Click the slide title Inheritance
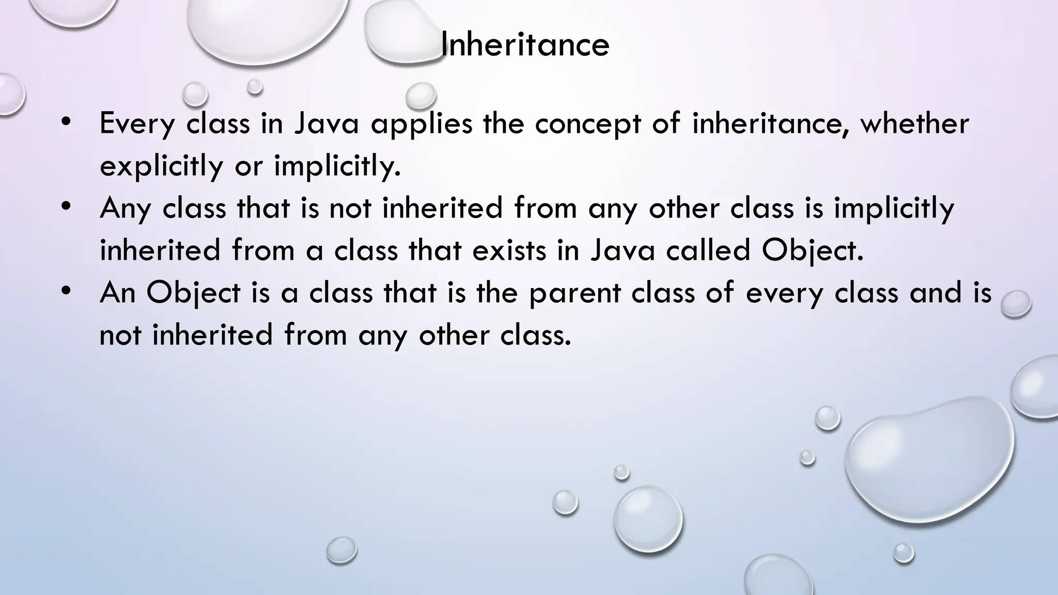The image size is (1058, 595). pos(525,45)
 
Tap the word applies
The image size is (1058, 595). pos(422,124)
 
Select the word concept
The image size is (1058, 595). pos(587,124)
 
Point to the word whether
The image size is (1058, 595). pos(914,124)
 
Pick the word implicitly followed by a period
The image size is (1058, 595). pos(337,166)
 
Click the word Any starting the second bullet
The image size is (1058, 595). pos(126,209)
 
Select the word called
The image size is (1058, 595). pos(708,251)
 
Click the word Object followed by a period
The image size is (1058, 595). pos(812,251)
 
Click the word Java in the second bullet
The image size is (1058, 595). pos(623,251)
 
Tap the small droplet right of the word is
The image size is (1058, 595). pos(1016,304)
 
